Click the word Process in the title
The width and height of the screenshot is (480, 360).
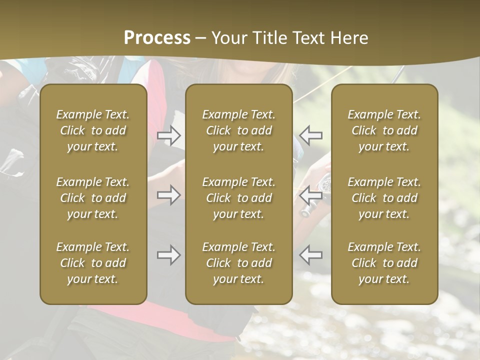157,38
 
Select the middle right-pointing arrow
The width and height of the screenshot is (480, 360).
168,195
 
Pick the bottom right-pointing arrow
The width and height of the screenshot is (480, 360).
168,255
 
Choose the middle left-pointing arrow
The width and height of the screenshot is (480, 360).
311,195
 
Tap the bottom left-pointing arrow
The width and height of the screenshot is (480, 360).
311,255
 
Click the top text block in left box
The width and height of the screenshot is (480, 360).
93,130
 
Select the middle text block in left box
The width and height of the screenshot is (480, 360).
93,198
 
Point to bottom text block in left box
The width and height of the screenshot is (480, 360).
93,263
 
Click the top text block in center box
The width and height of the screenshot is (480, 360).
238,130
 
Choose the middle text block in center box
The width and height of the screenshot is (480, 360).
238,198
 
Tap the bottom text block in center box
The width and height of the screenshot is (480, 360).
238,263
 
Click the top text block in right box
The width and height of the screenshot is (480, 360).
384,130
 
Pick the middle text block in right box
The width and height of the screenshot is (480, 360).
384,198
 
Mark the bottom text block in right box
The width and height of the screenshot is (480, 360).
384,263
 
